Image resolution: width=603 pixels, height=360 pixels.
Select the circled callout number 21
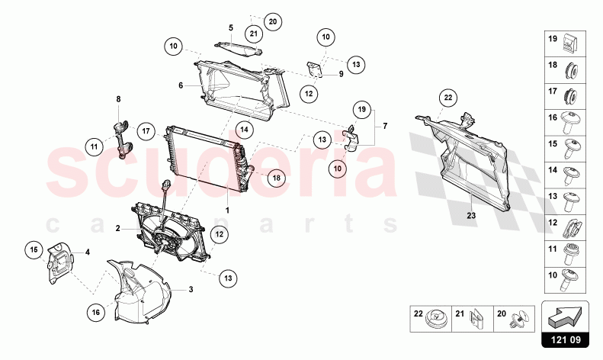click(254, 33)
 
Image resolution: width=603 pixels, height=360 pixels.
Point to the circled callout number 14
click(244, 130)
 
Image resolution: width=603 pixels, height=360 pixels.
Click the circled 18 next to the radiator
click(276, 178)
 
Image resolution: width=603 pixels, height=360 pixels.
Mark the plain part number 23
click(471, 216)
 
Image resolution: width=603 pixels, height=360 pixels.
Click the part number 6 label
click(181, 85)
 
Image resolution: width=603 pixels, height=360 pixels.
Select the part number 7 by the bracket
click(384, 124)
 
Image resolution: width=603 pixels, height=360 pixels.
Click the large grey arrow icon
click(565, 314)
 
